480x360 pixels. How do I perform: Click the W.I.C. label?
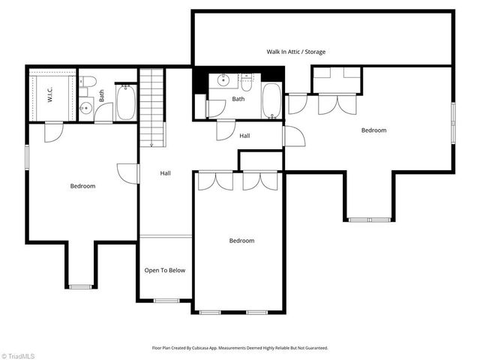(50, 94)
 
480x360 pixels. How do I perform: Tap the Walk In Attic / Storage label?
(295, 52)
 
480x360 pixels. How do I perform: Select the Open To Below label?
(165, 271)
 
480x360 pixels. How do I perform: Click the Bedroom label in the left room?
(82, 186)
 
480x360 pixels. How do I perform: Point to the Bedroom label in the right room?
(373, 130)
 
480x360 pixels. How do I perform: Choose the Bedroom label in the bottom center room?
(241, 241)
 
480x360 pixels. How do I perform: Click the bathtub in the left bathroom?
(125, 104)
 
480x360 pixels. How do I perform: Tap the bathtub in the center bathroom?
(271, 101)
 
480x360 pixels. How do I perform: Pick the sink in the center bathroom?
(223, 79)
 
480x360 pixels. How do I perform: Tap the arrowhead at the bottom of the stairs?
(151, 144)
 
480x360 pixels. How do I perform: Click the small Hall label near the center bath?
(244, 136)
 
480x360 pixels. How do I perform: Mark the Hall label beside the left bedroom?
(166, 173)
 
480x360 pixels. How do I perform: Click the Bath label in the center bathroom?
(238, 99)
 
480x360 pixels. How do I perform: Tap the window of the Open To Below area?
(166, 301)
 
